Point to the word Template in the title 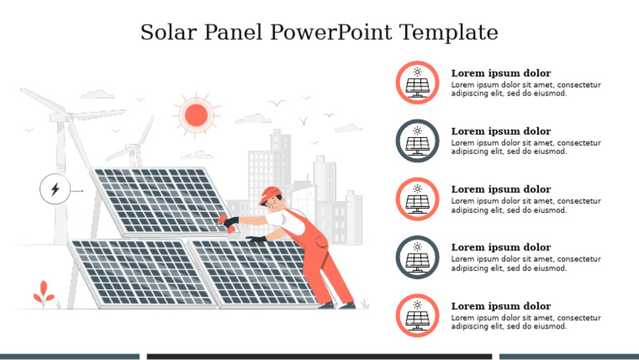(x=448, y=33)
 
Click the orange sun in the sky (x=196, y=115)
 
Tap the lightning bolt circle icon (x=55, y=190)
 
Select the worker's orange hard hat (x=268, y=195)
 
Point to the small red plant (x=43, y=293)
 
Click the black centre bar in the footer (x=319, y=357)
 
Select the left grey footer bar (x=69, y=357)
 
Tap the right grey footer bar (x=568, y=357)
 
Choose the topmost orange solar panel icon (x=418, y=82)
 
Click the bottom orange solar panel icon (x=418, y=315)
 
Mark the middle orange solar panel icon (x=418, y=199)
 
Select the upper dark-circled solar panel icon (x=418, y=141)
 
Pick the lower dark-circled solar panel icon (x=418, y=257)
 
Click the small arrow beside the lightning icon (x=78, y=190)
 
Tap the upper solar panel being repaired (x=158, y=202)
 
